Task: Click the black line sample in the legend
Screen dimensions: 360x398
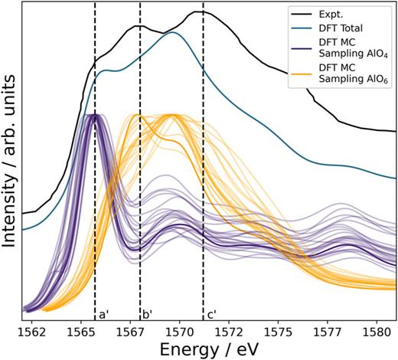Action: (x=304, y=13)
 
